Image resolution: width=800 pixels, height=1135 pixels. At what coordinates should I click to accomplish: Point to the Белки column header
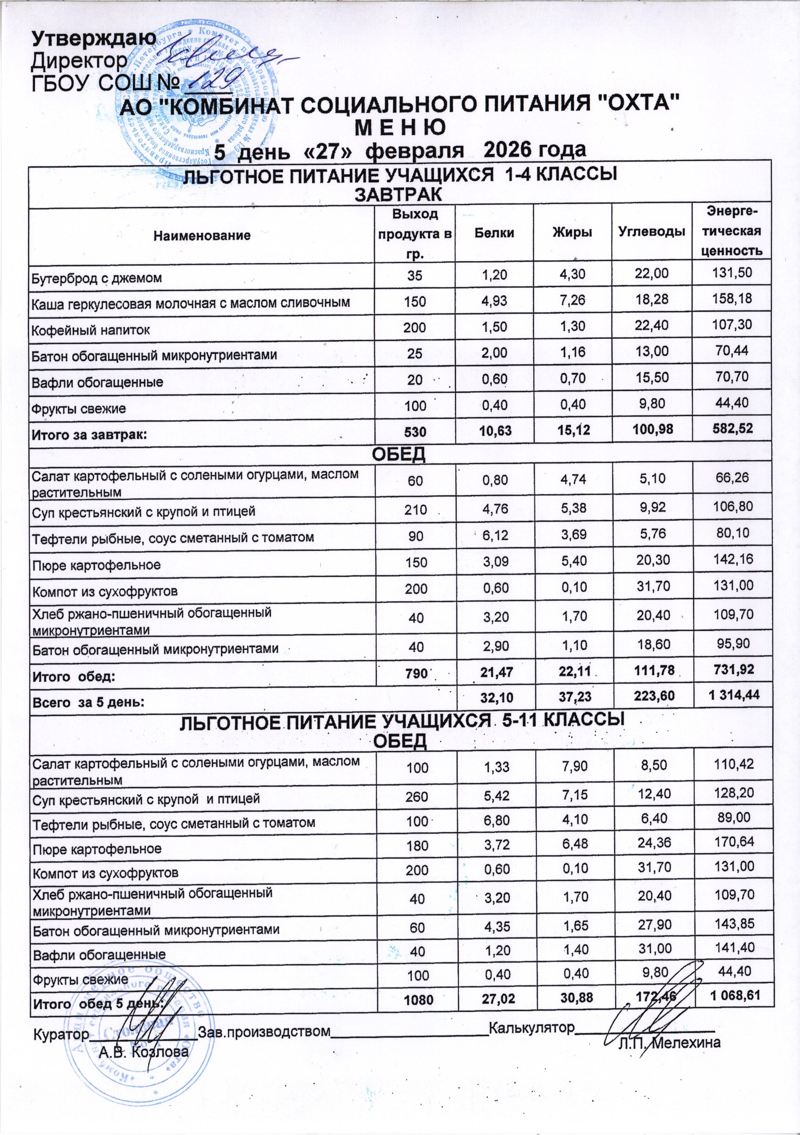pyautogui.click(x=495, y=233)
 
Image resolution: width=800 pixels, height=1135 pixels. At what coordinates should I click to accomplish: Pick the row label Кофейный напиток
pyautogui.click(x=91, y=330)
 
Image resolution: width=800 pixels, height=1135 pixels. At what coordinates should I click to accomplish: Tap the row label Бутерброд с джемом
pyautogui.click(x=97, y=278)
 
